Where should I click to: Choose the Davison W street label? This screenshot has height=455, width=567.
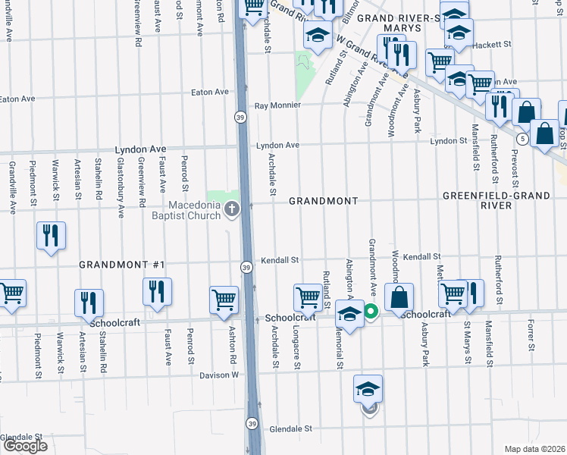219,375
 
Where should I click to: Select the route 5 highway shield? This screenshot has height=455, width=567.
523,139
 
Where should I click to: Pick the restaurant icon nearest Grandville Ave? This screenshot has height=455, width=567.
51,235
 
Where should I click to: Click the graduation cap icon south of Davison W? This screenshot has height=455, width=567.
368,389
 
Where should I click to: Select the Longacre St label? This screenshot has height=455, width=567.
297,353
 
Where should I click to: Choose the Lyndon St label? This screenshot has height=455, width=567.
449,141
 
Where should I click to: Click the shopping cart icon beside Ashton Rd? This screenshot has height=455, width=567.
224,300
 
